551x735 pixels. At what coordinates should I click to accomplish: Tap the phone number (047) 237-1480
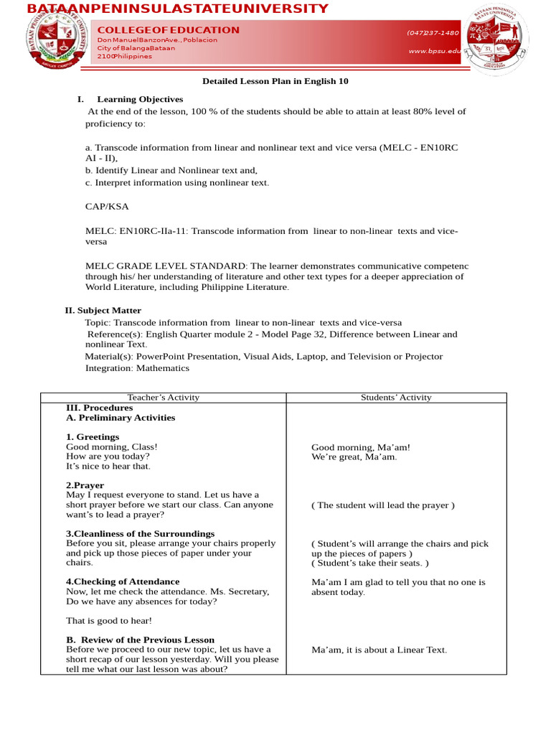click(x=433, y=32)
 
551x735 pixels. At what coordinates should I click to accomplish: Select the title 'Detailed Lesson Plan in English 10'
click(x=275, y=81)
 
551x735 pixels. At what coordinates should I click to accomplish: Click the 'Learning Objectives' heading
click(x=140, y=99)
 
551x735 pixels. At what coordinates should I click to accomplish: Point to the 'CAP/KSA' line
click(x=107, y=206)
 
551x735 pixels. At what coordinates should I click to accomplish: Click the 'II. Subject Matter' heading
click(x=103, y=310)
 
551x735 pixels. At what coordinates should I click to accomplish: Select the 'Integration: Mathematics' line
click(x=137, y=367)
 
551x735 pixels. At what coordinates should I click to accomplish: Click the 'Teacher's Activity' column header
click(x=163, y=397)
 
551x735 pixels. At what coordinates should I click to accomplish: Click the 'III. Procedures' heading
click(x=99, y=407)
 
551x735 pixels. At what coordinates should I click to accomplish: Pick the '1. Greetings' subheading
click(x=93, y=436)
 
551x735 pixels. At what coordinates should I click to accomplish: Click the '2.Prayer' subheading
click(x=85, y=485)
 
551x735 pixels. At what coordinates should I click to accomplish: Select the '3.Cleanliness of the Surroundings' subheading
click(x=140, y=533)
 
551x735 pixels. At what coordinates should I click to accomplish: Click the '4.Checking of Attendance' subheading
click(x=123, y=581)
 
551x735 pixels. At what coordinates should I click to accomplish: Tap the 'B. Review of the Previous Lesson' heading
click(x=140, y=640)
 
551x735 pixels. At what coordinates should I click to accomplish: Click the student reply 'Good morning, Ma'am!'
click(x=361, y=446)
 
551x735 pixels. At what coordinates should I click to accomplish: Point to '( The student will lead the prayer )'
click(x=383, y=505)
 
